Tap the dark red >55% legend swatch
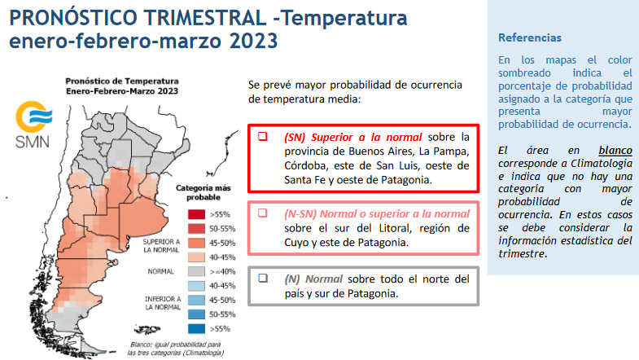pos(196,214)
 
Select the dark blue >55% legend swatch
pos(196,328)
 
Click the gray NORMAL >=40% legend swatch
pos(196,271)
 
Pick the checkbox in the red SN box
pos(263,136)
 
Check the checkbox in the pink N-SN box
pos(263,213)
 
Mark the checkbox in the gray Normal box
pos(263,278)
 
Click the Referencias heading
pos(530,38)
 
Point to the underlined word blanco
pos(615,151)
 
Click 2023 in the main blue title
pos(253,41)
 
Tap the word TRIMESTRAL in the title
pos(205,18)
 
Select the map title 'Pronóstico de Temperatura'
pos(122,81)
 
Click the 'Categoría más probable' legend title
pos(204,192)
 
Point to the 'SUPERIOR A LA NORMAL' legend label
pos(161,246)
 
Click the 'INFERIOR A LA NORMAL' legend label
pos(163,303)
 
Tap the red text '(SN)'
pos(295,137)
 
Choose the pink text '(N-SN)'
pos(300,213)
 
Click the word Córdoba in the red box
pos(306,165)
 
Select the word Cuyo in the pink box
pos(296,243)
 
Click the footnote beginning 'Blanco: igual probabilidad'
pos(175,349)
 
